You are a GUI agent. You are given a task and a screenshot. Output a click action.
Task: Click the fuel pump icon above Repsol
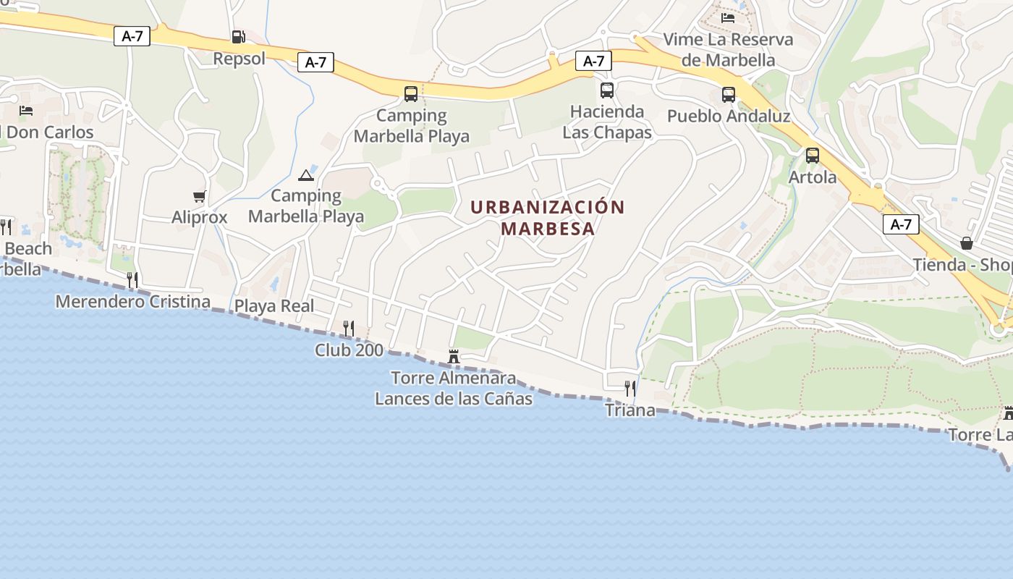click(238, 37)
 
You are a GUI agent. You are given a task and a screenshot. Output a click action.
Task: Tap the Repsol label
click(240, 59)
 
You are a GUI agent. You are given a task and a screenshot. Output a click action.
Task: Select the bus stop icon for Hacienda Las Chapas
click(606, 90)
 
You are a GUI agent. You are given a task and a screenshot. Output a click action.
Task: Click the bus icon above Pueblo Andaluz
click(728, 95)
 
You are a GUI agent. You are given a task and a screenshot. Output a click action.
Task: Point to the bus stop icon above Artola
click(813, 156)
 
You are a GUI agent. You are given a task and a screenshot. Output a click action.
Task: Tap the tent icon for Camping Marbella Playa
click(306, 175)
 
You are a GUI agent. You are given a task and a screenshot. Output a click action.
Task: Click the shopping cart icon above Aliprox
click(200, 196)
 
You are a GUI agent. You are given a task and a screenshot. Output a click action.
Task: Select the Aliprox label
click(200, 217)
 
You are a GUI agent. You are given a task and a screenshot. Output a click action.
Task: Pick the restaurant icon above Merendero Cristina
click(132, 279)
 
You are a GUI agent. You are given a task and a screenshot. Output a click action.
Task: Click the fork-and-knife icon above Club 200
click(348, 329)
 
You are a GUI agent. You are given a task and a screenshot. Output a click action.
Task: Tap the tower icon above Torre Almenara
click(454, 356)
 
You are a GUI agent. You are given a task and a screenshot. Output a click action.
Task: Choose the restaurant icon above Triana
click(630, 389)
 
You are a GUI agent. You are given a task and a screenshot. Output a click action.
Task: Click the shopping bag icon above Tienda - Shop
click(966, 242)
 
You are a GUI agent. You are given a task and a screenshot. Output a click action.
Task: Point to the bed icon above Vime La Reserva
click(728, 17)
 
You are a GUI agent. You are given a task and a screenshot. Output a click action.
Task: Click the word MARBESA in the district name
click(548, 229)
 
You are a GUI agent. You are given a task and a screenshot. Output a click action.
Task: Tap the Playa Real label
click(274, 306)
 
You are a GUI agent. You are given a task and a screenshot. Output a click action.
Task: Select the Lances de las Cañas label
click(454, 399)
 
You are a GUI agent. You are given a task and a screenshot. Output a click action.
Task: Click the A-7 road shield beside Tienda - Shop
click(901, 224)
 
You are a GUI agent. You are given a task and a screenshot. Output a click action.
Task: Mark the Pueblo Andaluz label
click(728, 116)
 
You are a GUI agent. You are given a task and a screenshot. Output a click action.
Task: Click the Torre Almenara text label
click(454, 378)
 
